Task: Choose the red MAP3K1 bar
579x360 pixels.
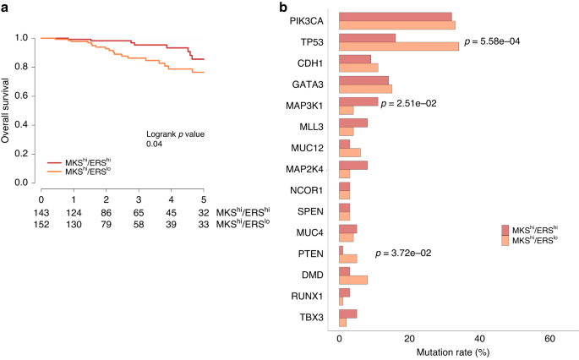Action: point(358,101)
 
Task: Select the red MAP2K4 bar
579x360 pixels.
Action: point(353,166)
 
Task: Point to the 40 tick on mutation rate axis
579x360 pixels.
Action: point(480,337)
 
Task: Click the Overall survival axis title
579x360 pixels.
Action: point(7,110)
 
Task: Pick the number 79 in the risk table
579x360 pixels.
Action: point(107,224)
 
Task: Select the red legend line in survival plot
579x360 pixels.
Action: point(54,161)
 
